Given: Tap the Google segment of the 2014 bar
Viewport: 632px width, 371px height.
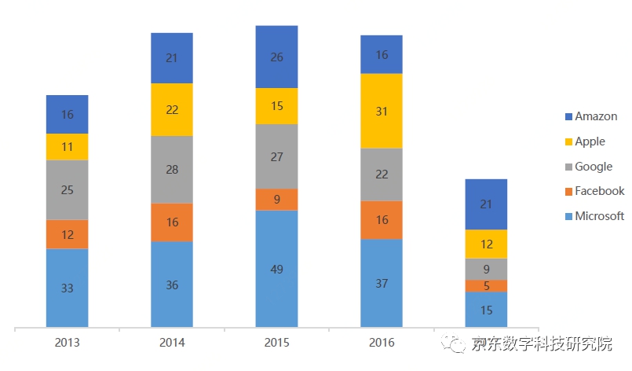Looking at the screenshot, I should pos(172,170).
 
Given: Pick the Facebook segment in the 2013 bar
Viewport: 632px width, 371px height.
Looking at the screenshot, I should pos(67,234).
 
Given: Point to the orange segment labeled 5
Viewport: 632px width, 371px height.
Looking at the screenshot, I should pos(486,286).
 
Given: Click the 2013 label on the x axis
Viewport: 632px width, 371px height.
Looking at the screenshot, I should pos(67,343).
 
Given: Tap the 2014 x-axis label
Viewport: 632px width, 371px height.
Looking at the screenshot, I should pos(172,343).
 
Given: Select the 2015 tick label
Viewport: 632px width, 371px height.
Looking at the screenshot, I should pos(276,343).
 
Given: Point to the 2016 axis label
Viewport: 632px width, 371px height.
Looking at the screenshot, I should pos(381,343).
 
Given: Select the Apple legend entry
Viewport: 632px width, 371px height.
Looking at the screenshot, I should pos(590,141).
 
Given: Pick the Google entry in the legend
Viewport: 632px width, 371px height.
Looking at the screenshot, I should pos(593,167).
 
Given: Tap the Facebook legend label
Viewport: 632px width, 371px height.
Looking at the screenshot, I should pos(599,191).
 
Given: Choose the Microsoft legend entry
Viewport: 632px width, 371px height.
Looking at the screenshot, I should pos(599,216).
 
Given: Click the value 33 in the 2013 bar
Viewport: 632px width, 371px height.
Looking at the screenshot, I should pos(67,288).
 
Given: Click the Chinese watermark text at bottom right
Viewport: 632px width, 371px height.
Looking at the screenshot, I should pos(542,343).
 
